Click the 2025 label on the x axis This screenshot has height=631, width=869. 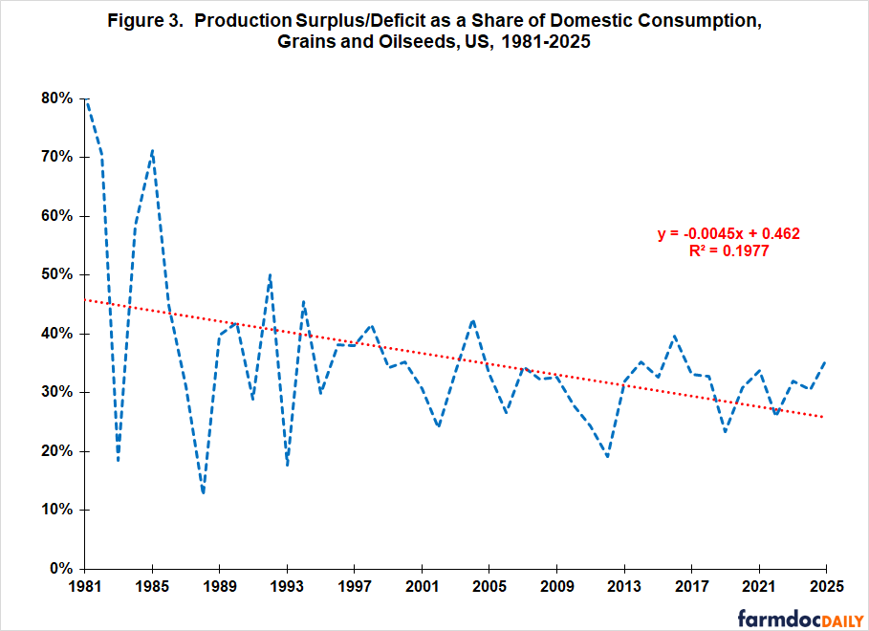click(825, 585)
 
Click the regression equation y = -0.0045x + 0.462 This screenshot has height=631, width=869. click(728, 233)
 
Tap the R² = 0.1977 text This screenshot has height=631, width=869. click(728, 250)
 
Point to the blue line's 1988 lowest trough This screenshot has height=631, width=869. click(203, 493)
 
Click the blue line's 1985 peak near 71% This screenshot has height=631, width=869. click(152, 150)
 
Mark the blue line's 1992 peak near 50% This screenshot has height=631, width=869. click(271, 274)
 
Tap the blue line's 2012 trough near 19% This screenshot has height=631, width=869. click(607, 457)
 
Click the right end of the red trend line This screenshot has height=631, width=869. click(825, 417)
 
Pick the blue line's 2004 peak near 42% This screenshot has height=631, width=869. click(472, 320)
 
